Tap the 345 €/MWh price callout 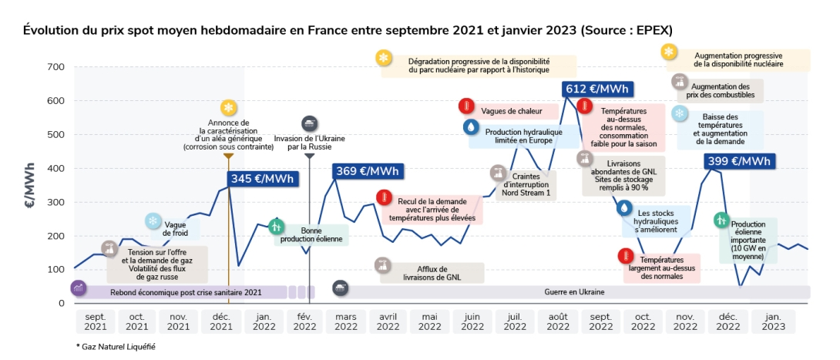(x=263, y=178)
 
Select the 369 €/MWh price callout (x=367, y=171)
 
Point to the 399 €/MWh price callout (x=740, y=161)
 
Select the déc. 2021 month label (x=220, y=321)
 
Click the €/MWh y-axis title (x=30, y=185)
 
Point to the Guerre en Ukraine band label (x=577, y=291)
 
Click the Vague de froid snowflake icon (x=153, y=222)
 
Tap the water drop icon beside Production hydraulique (x=470, y=126)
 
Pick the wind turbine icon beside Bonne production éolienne (x=277, y=227)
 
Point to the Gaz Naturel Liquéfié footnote (x=116, y=347)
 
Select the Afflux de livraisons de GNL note (x=431, y=272)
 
